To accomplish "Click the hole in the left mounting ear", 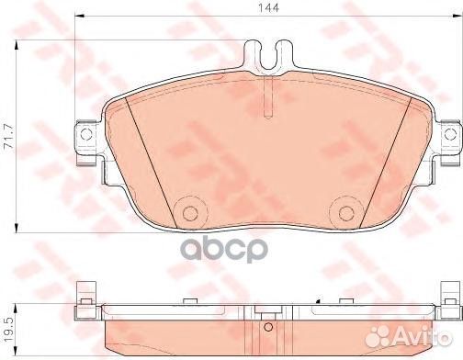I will tap(87, 136).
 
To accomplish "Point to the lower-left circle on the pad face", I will tap(190, 212).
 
